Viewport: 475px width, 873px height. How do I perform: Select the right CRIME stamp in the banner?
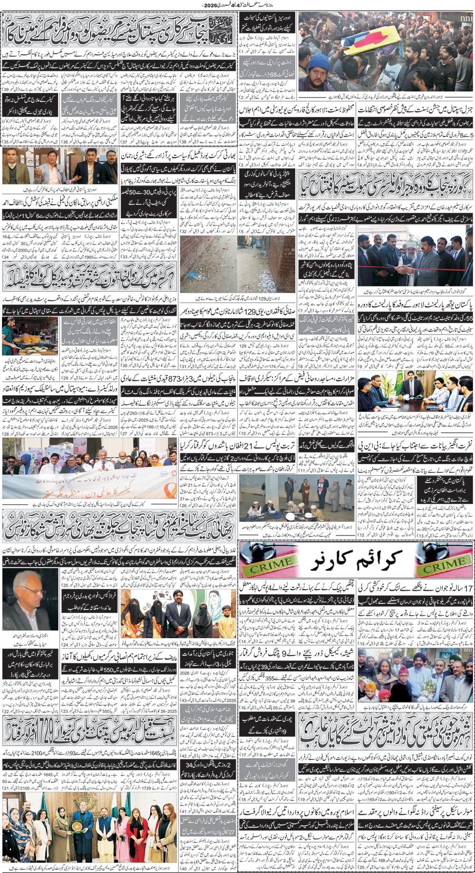coord(445,566)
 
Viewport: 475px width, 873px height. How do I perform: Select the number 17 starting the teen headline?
coord(468,587)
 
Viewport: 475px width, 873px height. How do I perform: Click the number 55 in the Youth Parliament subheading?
coord(468,317)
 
